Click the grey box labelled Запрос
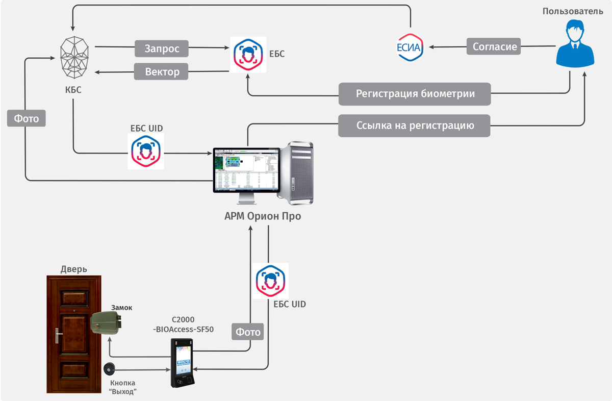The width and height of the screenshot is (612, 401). (x=162, y=49)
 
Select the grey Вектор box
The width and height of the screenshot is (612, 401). (x=162, y=71)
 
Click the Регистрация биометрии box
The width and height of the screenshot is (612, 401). (x=415, y=94)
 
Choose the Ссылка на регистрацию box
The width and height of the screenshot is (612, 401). (x=414, y=126)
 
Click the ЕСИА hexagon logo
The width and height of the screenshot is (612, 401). (x=411, y=47)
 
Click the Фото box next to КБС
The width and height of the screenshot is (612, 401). (x=27, y=118)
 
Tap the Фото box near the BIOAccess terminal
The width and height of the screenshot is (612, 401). (x=248, y=332)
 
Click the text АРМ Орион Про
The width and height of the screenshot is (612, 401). (x=263, y=216)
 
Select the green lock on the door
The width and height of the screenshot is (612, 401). (x=107, y=323)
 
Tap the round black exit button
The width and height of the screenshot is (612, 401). (x=109, y=369)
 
